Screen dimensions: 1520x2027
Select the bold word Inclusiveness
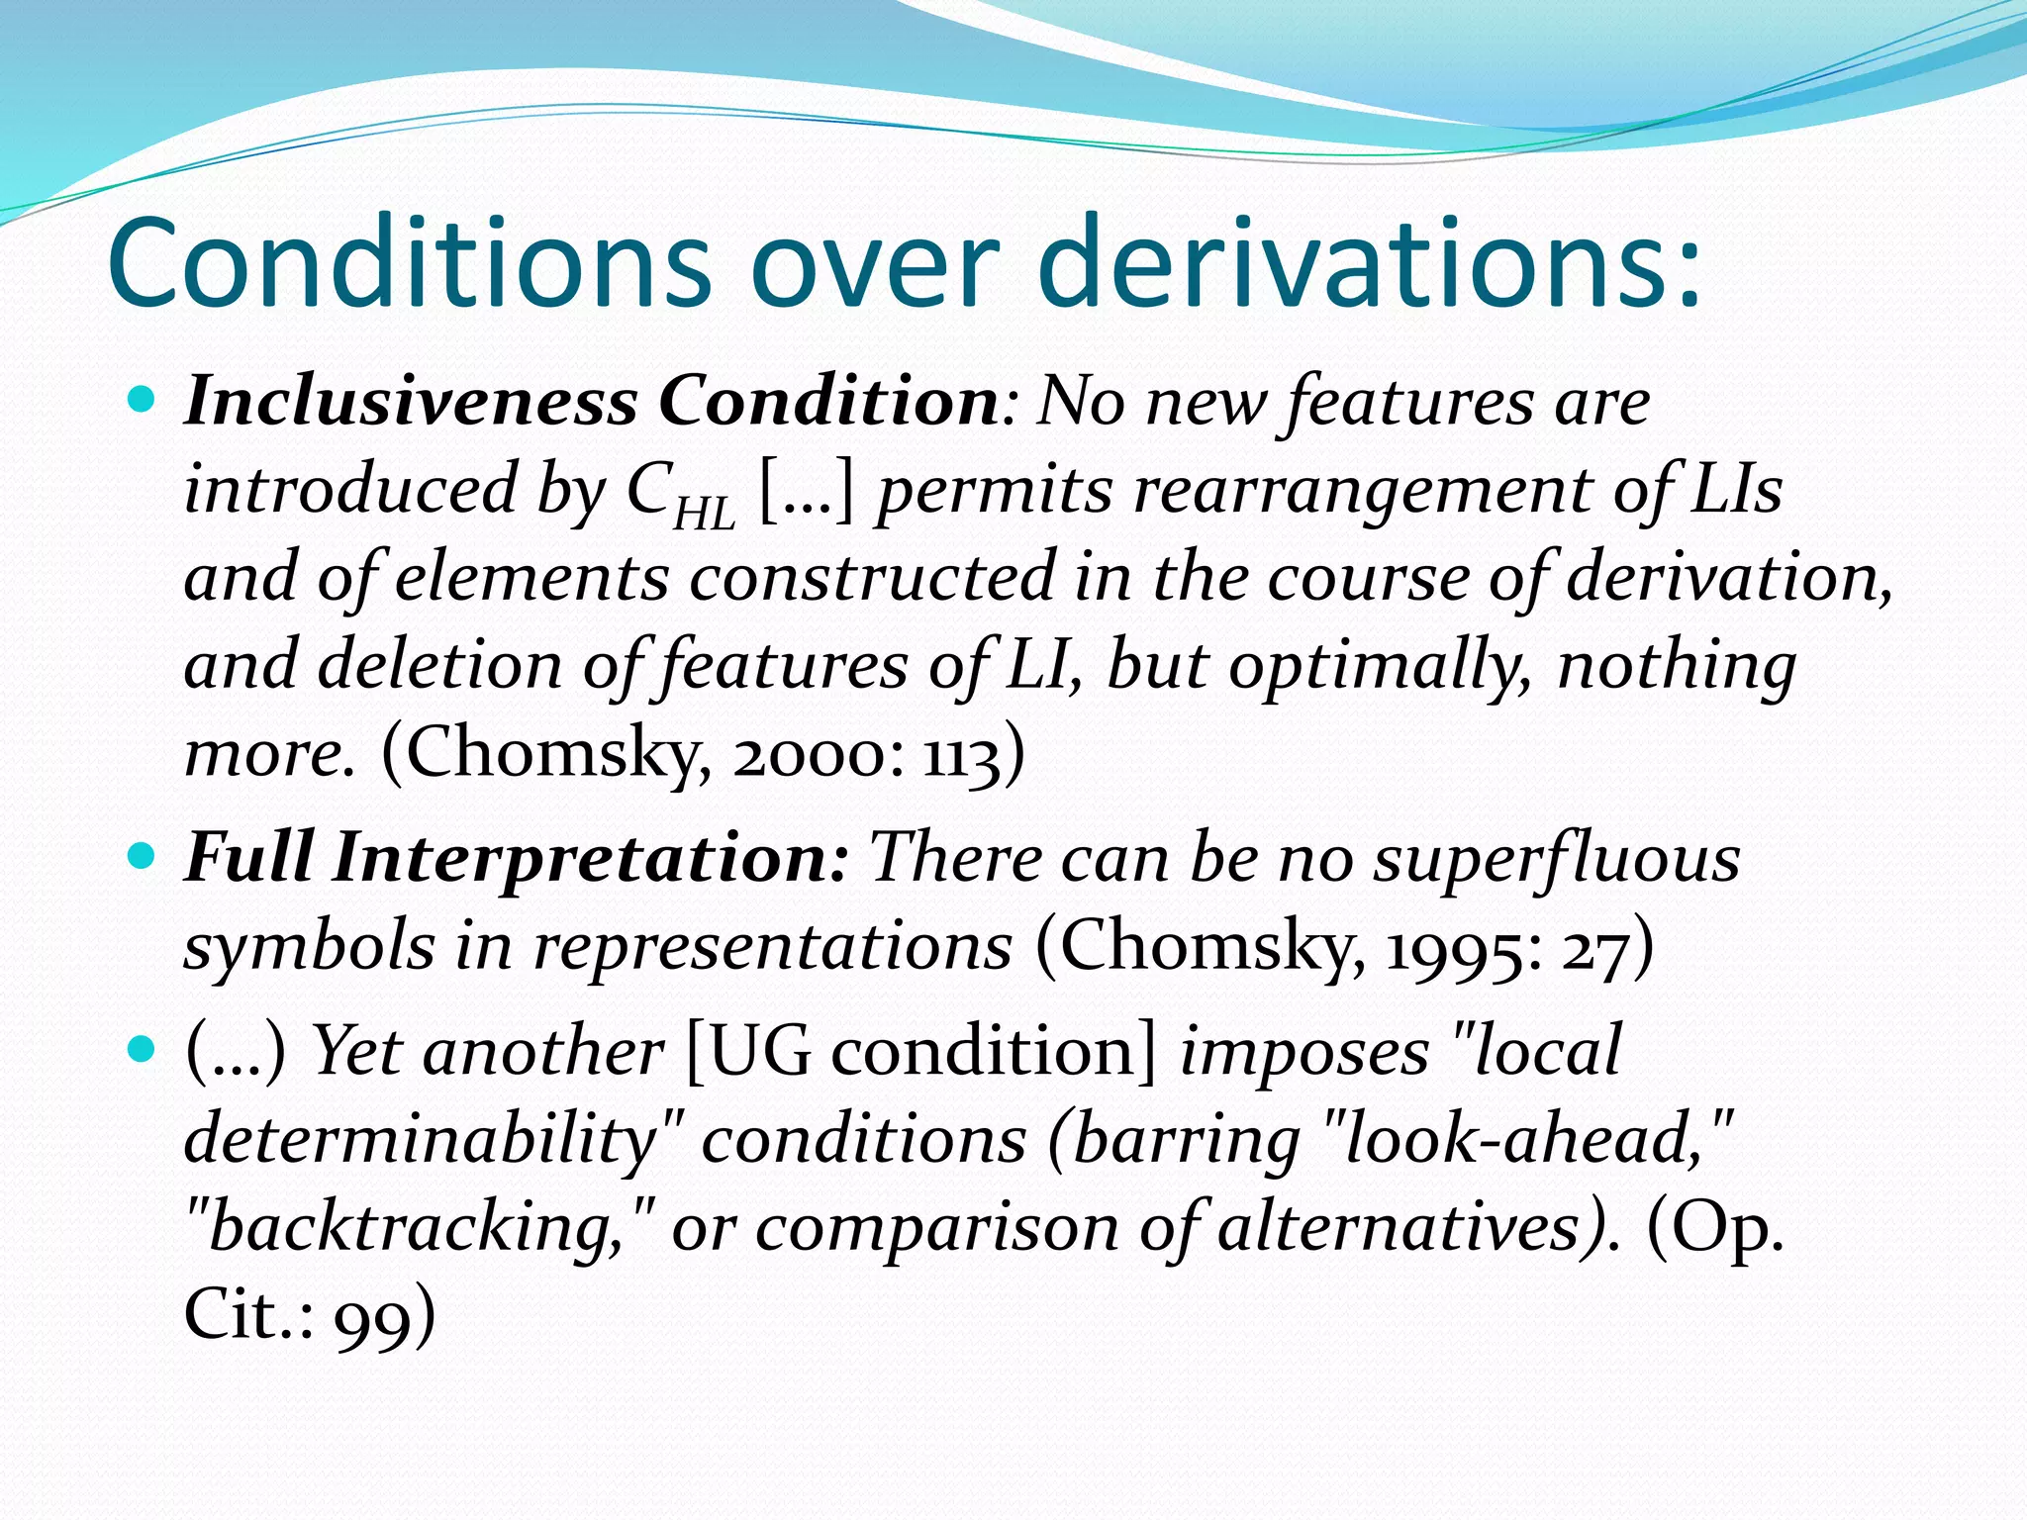[411, 402]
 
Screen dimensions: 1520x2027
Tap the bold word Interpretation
[590, 857]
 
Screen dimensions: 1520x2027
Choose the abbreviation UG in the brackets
[757, 1051]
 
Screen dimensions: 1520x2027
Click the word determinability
[420, 1139]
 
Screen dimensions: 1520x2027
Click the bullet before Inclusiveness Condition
[144, 401]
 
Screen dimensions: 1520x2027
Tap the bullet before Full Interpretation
[144, 856]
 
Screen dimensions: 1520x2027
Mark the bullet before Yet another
[144, 1049]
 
